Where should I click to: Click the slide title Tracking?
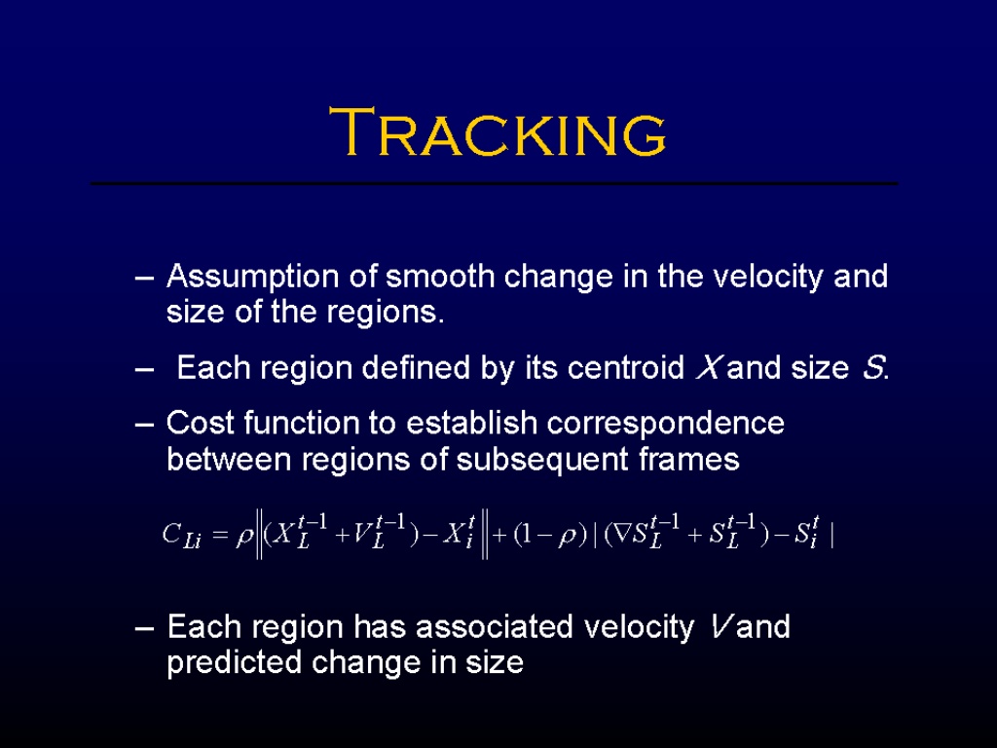(498, 131)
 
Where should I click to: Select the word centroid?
(625, 367)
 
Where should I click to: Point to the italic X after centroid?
(707, 367)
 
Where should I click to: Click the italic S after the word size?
(872, 367)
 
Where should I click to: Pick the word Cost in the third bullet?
(200, 423)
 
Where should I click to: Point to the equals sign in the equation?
(219, 536)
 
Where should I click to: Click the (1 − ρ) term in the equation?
(550, 535)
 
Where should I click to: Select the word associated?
(495, 627)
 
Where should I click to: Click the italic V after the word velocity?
(720, 627)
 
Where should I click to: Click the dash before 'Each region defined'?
(144, 369)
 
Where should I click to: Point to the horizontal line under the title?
(494, 184)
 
